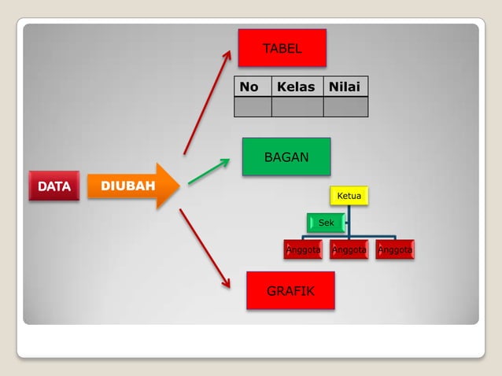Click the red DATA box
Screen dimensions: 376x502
pos(54,186)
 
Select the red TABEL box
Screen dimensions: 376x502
pos(282,48)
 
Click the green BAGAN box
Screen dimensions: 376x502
pos(286,157)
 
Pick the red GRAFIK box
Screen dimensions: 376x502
pos(290,291)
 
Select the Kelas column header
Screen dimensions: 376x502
pos(297,87)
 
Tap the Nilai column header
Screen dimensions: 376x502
pos(345,87)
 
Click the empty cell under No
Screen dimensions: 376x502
pos(253,106)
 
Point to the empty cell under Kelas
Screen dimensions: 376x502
pos(297,106)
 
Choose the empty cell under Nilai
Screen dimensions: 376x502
pos(345,106)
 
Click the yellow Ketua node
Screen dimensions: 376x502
pos(349,195)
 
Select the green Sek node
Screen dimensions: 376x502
pos(326,223)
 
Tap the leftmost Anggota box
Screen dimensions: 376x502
pos(303,250)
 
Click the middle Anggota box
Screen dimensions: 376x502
pos(349,250)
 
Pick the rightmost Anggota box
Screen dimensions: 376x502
pos(394,250)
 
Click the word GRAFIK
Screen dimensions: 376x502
pos(290,291)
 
